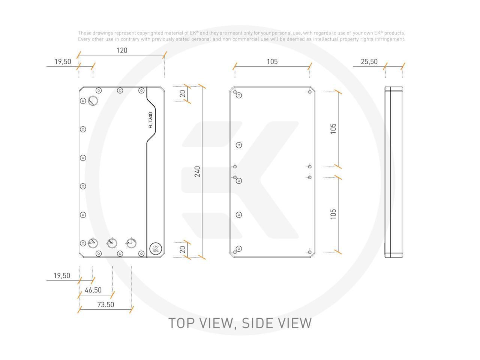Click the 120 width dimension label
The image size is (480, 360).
point(122,50)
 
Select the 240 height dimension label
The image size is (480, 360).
point(197,171)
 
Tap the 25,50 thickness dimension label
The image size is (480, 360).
point(369,61)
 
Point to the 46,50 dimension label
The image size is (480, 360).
point(93,290)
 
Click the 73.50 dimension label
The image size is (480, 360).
point(105,304)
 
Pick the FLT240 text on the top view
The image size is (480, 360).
point(151,120)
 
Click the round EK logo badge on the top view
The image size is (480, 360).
point(156,248)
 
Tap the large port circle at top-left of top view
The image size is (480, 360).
point(93,100)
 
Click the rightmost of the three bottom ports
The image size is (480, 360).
point(131,243)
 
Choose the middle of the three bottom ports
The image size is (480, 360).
point(112,243)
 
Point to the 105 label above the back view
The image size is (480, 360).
point(272,61)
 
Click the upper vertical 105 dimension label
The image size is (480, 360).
point(333,129)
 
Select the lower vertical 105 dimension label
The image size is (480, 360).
point(333,214)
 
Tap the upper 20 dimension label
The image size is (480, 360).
point(183,94)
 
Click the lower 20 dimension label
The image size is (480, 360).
point(183,249)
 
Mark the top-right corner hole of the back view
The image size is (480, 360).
point(310,92)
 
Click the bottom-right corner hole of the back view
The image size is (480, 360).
point(310,252)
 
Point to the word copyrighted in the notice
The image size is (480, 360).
point(150,33)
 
